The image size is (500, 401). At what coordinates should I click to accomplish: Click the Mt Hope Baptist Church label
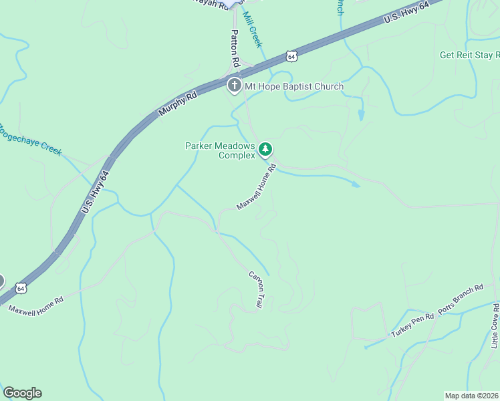pyautogui.click(x=293, y=86)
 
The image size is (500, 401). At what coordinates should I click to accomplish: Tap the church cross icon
pyautogui.click(x=234, y=86)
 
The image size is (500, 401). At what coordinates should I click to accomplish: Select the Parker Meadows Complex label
pyautogui.click(x=220, y=150)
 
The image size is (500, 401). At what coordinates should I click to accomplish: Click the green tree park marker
pyautogui.click(x=266, y=148)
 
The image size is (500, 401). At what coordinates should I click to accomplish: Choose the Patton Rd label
pyautogui.click(x=235, y=47)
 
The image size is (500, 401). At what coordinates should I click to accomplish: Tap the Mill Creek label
pyautogui.click(x=252, y=29)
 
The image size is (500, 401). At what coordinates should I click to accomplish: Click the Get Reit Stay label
pyautogui.click(x=469, y=55)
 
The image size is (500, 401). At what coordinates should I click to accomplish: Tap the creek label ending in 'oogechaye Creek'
pyautogui.click(x=31, y=139)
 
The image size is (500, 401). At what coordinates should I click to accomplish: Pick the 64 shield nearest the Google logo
pyautogui.click(x=21, y=289)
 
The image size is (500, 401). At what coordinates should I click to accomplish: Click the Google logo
pyautogui.click(x=23, y=393)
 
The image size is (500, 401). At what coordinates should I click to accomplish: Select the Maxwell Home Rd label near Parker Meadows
pyautogui.click(x=256, y=188)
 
